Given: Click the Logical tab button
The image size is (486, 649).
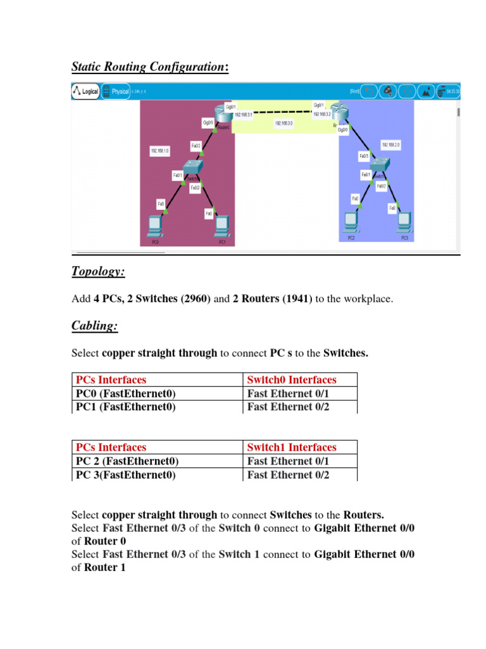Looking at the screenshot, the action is (x=86, y=91).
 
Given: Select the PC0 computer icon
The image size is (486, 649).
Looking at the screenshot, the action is (x=154, y=226).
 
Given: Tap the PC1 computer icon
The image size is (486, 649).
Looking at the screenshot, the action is (x=221, y=226).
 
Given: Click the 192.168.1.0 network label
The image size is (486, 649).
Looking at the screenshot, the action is (x=159, y=151).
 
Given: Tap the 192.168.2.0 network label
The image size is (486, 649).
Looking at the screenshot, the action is (x=390, y=145).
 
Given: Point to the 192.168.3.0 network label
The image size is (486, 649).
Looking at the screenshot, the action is (x=283, y=123).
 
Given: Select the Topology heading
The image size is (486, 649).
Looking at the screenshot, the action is (x=98, y=271).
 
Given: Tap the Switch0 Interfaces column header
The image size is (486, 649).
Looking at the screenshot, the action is (x=292, y=380).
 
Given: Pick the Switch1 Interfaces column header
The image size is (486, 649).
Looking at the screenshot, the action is (x=292, y=447).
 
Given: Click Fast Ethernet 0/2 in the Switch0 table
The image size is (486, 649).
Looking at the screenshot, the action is (x=288, y=407).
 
